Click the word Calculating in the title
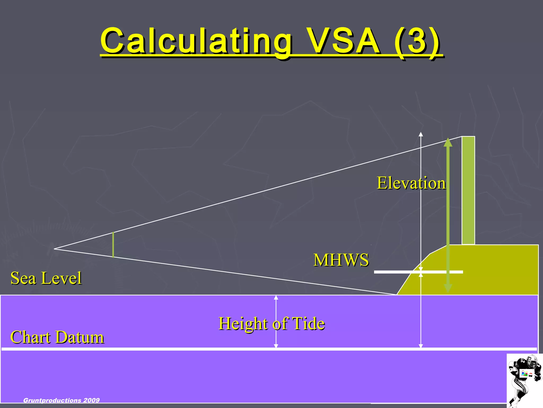(x=196, y=41)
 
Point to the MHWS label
(x=341, y=260)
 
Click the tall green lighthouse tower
(x=468, y=190)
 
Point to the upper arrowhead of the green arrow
(x=448, y=142)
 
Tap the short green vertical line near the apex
(x=113, y=245)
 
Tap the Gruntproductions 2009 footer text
(x=61, y=400)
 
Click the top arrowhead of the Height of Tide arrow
(x=276, y=297)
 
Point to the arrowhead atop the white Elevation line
(x=421, y=134)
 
